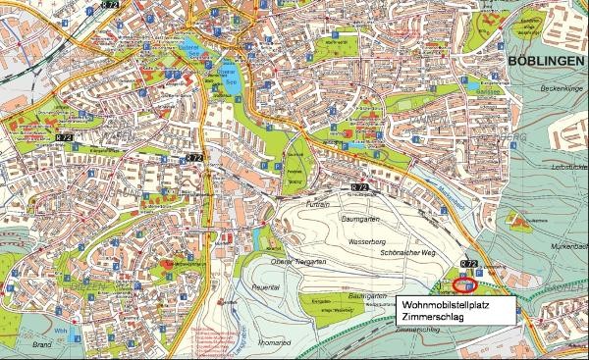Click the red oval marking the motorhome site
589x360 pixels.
(x=464, y=286)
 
